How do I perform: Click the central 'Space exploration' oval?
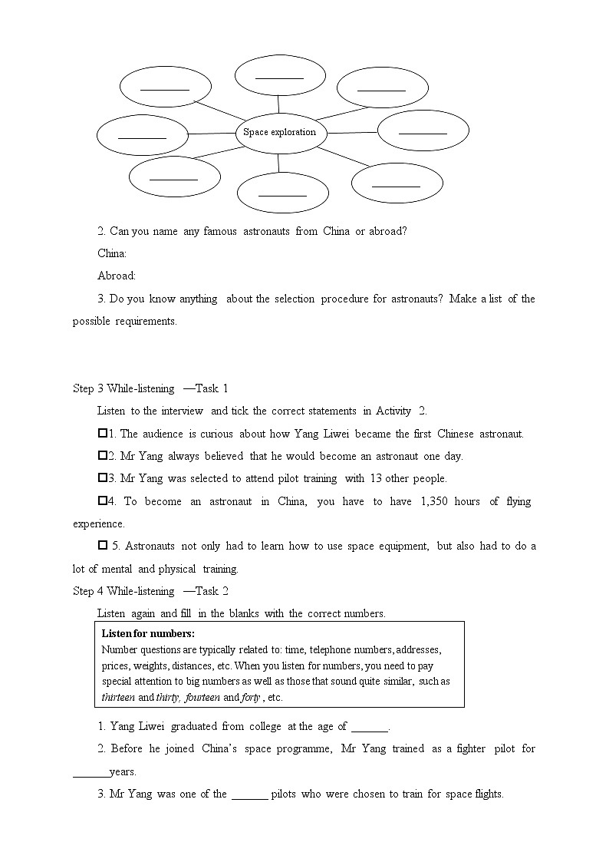click(280, 132)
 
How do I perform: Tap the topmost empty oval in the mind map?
click(279, 74)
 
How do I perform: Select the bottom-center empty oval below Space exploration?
click(282, 192)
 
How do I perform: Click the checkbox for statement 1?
click(103, 434)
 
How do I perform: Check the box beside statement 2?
click(103, 456)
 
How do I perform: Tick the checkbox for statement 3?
click(103, 478)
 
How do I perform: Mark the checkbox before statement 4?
click(103, 501)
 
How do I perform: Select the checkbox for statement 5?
click(103, 546)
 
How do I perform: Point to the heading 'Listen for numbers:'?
click(148, 633)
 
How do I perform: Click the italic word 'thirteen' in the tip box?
click(118, 698)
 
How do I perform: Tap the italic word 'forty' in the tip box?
click(250, 698)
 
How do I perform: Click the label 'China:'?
click(112, 253)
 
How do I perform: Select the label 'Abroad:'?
click(117, 276)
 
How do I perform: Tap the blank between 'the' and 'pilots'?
click(249, 794)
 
